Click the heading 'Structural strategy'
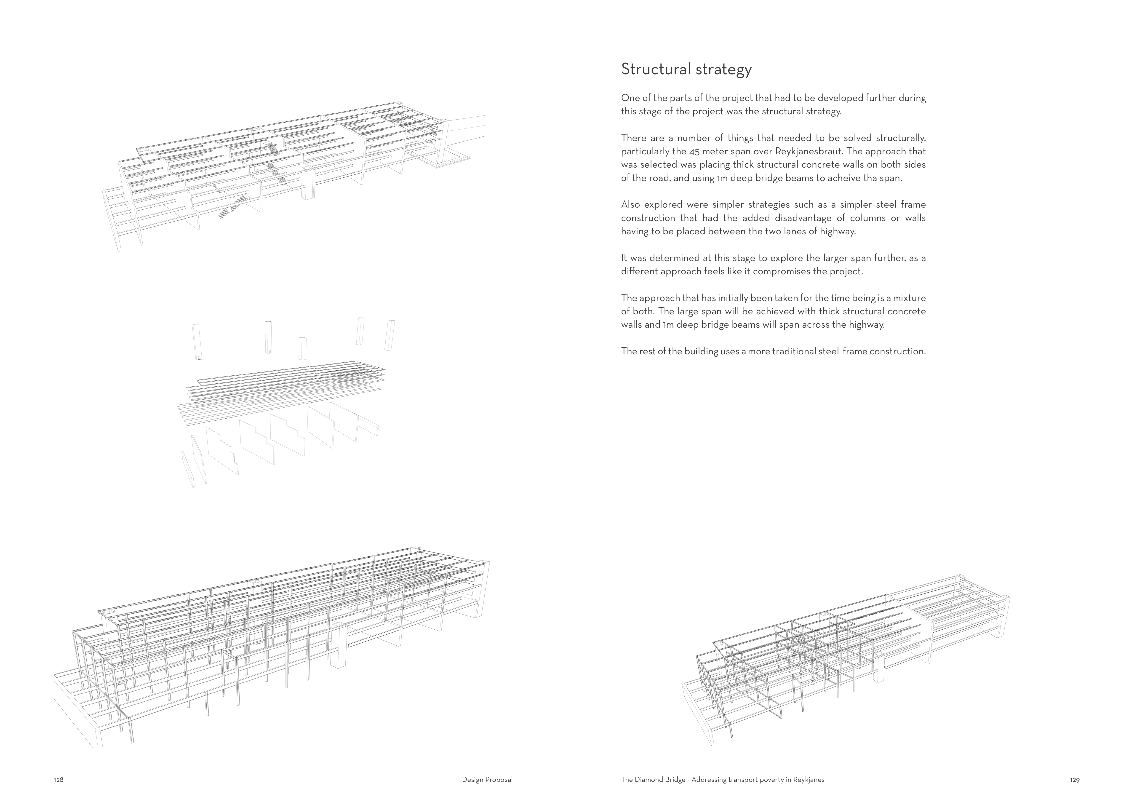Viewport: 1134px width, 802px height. [686, 69]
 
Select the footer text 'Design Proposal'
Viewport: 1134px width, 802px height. [487, 780]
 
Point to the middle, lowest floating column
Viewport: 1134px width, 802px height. [302, 349]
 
